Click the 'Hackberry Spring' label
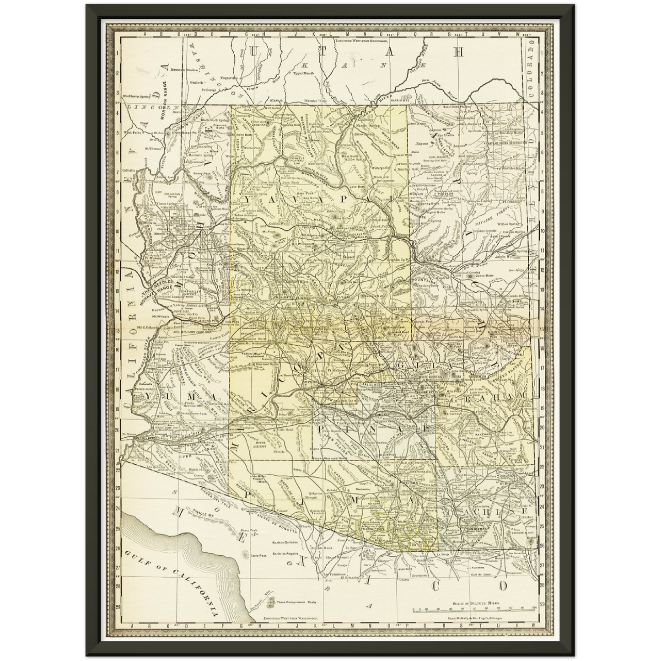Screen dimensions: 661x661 (x=137, y=97)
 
